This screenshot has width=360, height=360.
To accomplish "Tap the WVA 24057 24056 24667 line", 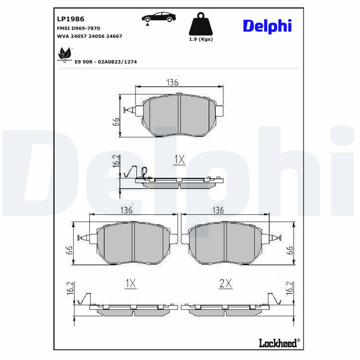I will [89, 36].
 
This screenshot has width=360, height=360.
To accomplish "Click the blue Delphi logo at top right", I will [267, 26].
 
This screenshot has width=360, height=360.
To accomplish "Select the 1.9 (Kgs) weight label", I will [200, 39].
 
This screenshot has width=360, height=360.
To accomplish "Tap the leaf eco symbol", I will [64, 55].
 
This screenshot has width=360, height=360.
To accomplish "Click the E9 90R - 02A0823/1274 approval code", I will [106, 62].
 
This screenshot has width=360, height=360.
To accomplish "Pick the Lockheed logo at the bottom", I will [279, 343].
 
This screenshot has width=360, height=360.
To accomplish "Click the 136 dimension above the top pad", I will [172, 82].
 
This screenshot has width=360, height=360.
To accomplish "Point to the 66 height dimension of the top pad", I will [116, 122].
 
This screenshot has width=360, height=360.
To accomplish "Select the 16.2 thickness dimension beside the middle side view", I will [115, 161].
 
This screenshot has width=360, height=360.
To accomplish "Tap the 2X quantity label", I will [225, 283].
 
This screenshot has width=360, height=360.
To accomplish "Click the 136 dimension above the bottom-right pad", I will [218, 210].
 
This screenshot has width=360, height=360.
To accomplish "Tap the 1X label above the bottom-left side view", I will [130, 283].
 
